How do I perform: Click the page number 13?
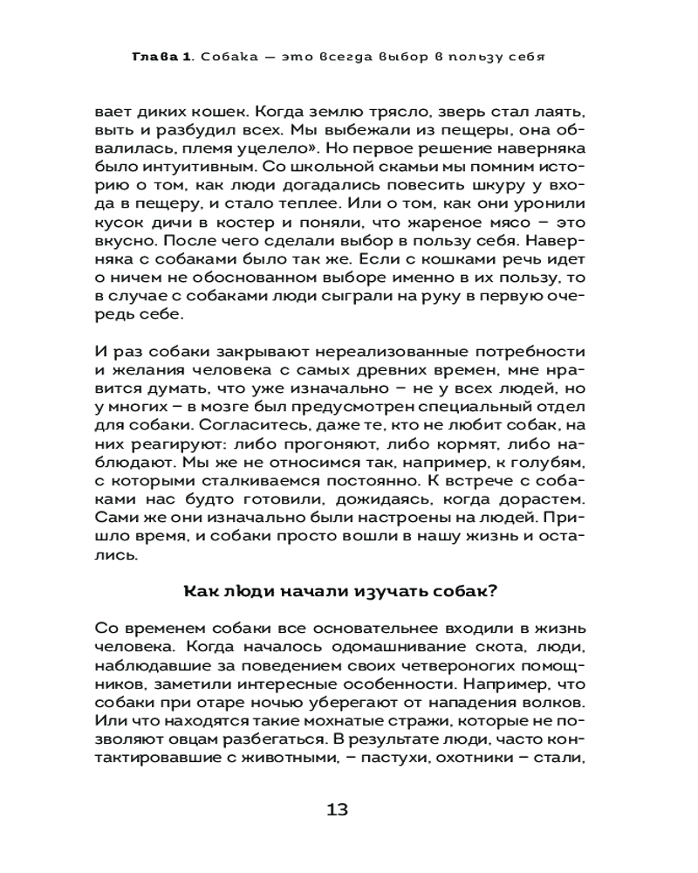pyautogui.click(x=337, y=808)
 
